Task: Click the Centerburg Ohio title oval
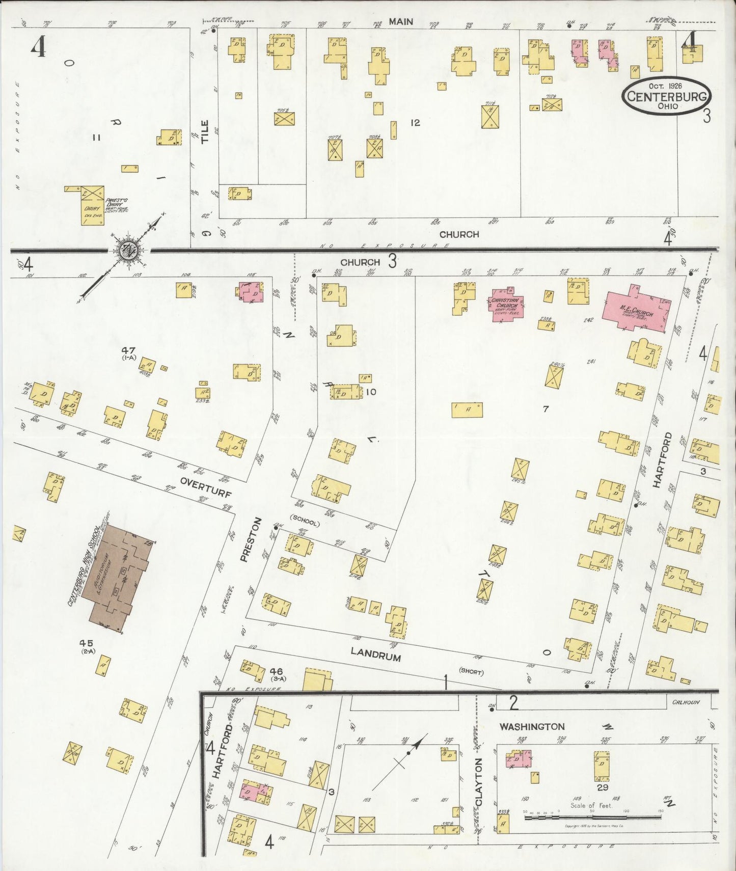[x=666, y=96]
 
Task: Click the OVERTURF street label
[x=206, y=487]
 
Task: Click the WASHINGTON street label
[x=532, y=727]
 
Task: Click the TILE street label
[x=205, y=131]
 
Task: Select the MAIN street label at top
[x=400, y=21]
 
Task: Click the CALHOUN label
[x=686, y=702]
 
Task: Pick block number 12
[x=415, y=123]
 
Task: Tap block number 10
[x=371, y=392]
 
